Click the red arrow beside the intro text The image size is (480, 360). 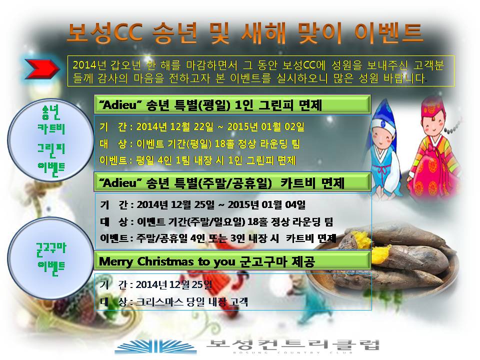(42, 69)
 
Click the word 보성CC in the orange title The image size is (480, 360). (104, 32)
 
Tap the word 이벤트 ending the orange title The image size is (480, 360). (388, 32)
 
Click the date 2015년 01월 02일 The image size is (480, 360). (265, 126)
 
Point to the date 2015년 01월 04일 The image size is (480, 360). (266, 204)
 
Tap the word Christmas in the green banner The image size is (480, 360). (165, 261)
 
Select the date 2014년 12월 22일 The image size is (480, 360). (175, 126)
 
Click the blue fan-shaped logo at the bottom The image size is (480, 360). (155, 347)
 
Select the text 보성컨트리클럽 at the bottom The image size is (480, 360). (293, 345)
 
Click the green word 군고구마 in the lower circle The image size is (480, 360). (51, 249)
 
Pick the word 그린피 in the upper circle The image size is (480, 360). (51, 149)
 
